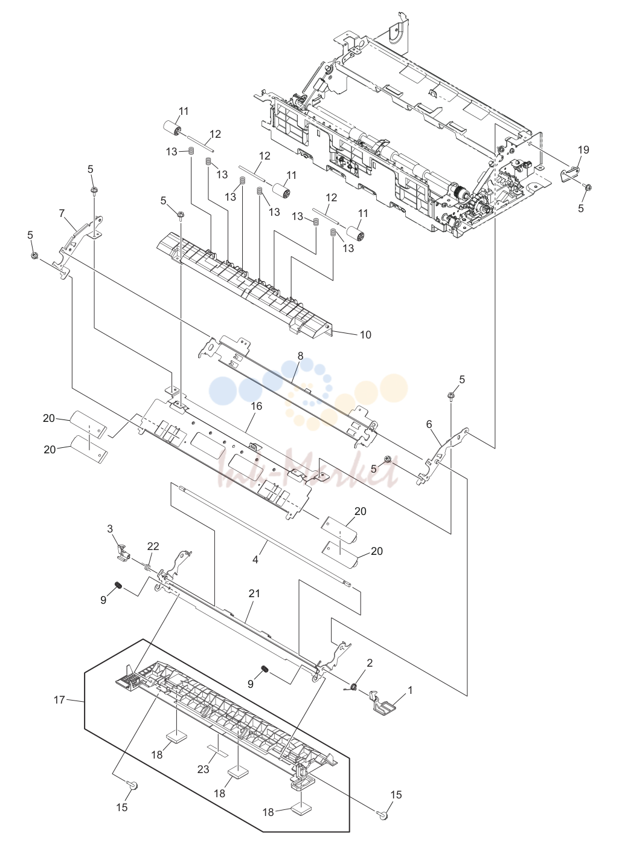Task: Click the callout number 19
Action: pyautogui.click(x=583, y=150)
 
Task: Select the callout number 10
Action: pyautogui.click(x=365, y=335)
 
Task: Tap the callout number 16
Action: pyautogui.click(x=256, y=406)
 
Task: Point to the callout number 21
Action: pyautogui.click(x=254, y=594)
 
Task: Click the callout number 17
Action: pyautogui.click(x=60, y=700)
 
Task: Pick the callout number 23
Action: pyautogui.click(x=203, y=769)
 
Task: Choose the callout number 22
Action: pyautogui.click(x=153, y=546)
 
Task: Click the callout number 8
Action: pyautogui.click(x=300, y=356)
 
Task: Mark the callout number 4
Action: pyautogui.click(x=255, y=560)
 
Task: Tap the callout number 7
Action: pyautogui.click(x=62, y=213)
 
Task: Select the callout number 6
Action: pyautogui.click(x=429, y=424)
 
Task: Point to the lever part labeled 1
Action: pyautogui.click(x=380, y=703)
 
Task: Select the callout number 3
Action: pyautogui.click(x=110, y=528)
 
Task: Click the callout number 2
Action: pyautogui.click(x=370, y=663)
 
